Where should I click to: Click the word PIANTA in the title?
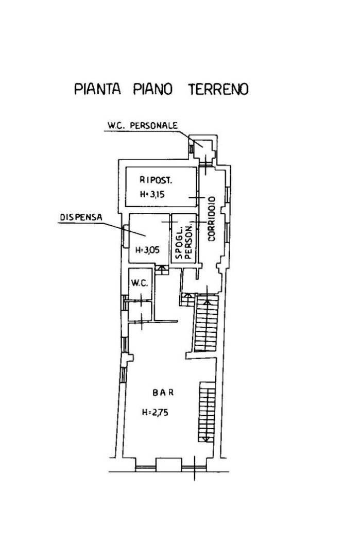tap(97, 89)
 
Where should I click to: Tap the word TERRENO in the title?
tap(218, 89)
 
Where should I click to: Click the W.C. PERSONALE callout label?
tap(142, 125)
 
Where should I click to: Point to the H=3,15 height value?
tap(152, 194)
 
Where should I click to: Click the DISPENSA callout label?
tap(81, 217)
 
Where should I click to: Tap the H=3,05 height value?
tap(148, 250)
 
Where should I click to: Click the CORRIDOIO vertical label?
tap(211, 218)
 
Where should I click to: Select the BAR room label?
tap(163, 392)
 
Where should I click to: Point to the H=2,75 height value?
tap(155, 412)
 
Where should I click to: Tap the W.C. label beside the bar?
tap(140, 283)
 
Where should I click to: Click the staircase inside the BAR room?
tap(207, 412)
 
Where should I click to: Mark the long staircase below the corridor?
tap(207, 323)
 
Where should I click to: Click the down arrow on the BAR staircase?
tap(206, 439)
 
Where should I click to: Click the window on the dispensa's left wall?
tap(125, 236)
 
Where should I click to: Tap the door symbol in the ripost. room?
tap(197, 197)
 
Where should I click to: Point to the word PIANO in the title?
tap(153, 89)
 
